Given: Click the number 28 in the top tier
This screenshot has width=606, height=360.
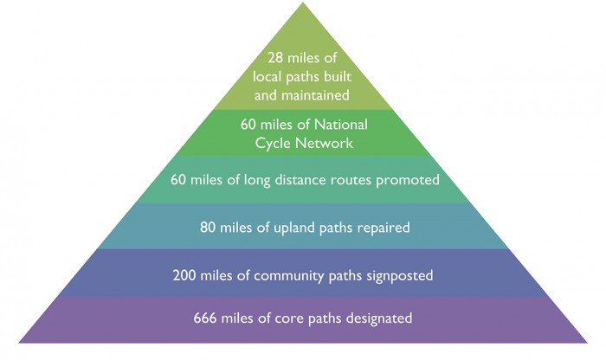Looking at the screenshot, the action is [x=275, y=58].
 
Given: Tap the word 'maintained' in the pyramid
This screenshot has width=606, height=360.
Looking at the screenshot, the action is [x=315, y=95].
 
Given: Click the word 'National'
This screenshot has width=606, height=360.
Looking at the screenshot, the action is [x=340, y=125].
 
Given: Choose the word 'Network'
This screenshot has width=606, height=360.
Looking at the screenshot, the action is [x=324, y=143].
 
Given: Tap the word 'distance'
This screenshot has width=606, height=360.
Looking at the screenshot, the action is [x=300, y=180].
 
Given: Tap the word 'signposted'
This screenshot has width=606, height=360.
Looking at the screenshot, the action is [x=400, y=276].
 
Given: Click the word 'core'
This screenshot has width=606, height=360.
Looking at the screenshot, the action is [x=288, y=318].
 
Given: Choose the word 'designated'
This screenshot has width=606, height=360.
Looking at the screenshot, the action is [x=379, y=318].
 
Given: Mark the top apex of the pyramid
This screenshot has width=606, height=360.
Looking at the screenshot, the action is [x=303, y=3].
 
